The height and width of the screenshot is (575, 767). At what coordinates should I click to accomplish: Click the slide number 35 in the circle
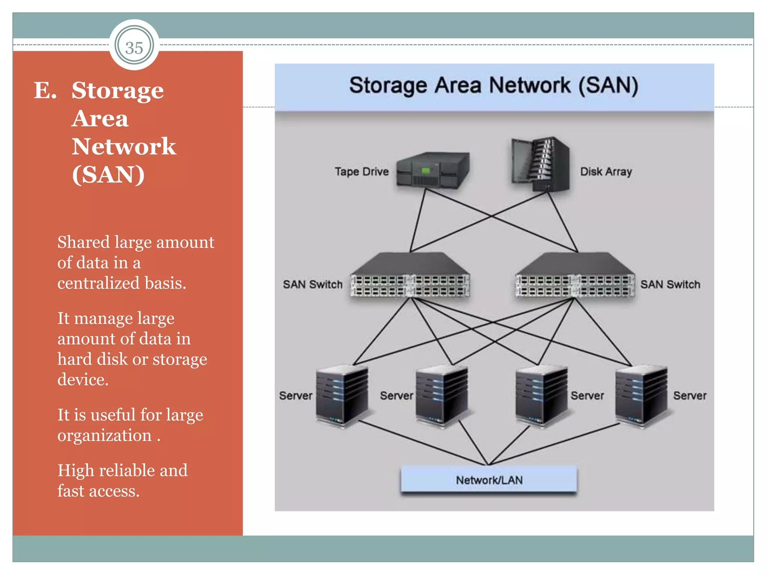point(134,48)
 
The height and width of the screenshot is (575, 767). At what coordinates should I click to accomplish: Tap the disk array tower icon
point(540,165)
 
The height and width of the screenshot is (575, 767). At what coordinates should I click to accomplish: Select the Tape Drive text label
point(361,172)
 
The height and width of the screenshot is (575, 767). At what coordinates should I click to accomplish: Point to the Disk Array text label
point(606,172)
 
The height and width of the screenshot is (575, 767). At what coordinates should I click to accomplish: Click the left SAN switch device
point(410,276)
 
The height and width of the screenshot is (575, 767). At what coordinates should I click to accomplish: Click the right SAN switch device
point(575,276)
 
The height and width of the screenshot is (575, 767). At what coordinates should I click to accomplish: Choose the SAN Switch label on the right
point(670,285)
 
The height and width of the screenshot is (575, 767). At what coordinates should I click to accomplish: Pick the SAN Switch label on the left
point(313,285)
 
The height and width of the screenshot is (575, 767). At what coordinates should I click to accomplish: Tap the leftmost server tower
point(342,397)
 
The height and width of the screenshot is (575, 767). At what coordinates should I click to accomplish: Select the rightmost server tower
point(641,397)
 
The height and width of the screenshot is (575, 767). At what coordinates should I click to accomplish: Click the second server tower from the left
point(442,397)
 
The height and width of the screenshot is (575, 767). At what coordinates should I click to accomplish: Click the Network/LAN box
point(489,480)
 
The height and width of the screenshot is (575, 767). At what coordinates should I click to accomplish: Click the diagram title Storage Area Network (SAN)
point(494,86)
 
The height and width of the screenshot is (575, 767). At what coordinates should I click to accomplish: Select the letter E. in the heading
point(45,91)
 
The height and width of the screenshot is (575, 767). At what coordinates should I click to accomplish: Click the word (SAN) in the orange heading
point(108,174)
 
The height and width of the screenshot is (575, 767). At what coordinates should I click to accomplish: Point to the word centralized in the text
point(98,283)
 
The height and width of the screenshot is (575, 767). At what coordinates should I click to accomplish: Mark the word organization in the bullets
point(104,436)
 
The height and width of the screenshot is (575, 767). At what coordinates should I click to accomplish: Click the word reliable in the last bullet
point(127,471)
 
